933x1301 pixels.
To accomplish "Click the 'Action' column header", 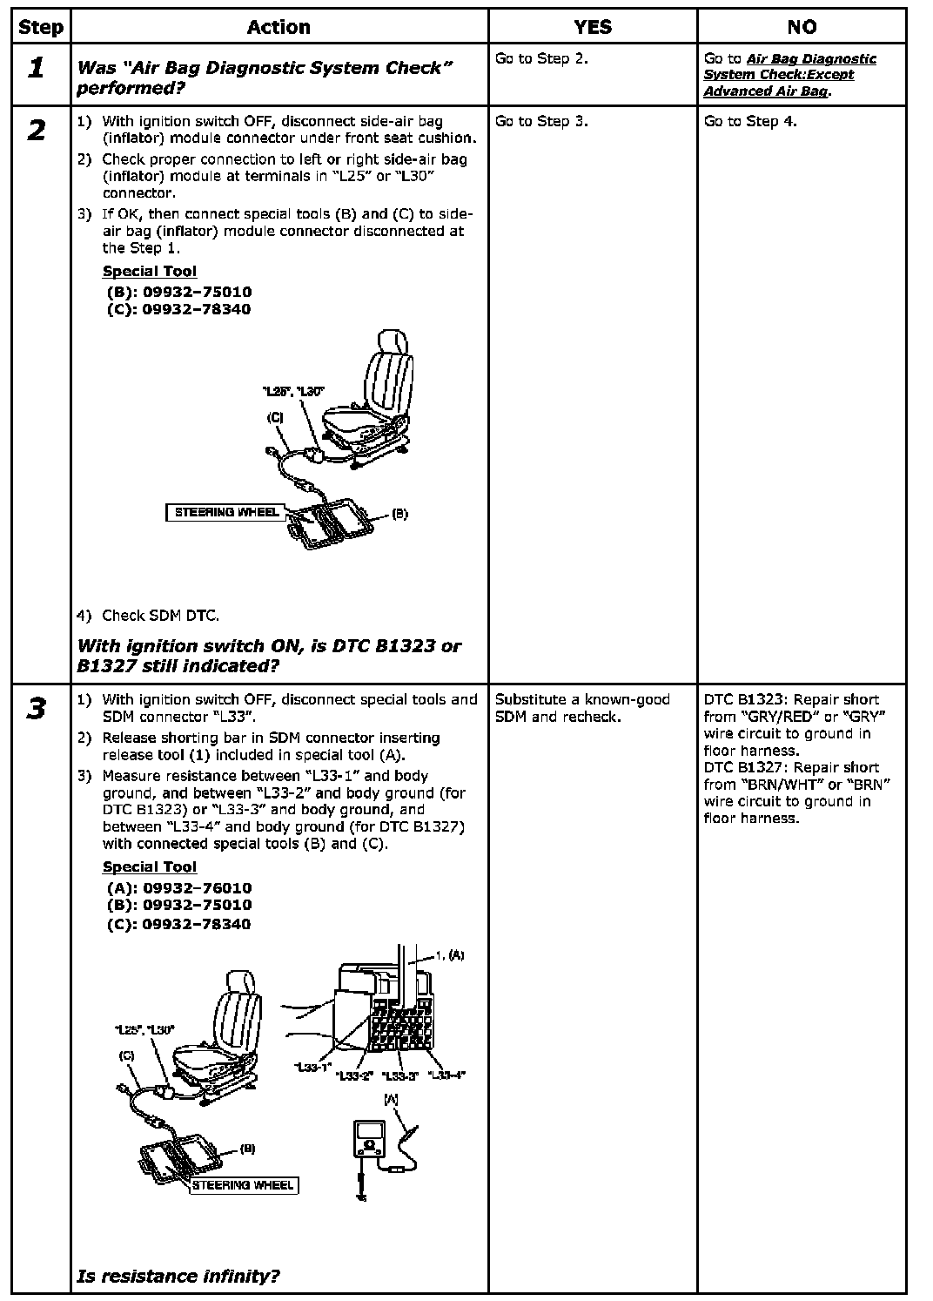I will pos(279,27).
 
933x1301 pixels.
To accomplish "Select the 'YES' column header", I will pos(592,27).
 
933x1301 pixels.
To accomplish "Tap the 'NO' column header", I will pos(802,27).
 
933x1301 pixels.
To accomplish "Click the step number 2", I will pos(36,131).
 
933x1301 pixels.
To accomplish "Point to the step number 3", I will pos(36,710).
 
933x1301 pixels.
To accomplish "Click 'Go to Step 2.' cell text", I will pos(541,59).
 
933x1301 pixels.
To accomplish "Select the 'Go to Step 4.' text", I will pos(750,121).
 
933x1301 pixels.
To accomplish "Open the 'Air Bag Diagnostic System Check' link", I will pos(789,75).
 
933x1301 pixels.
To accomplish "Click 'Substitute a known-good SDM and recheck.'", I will pos(582,708).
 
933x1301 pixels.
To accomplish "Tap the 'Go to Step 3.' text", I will pos(541,121).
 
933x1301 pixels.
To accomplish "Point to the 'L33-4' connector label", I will pos(447,1075).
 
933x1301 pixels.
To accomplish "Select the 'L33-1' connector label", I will pos(312,1068).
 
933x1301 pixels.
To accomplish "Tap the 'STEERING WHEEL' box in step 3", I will pos(243,1184).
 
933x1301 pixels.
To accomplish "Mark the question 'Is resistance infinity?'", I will pos(178,1277).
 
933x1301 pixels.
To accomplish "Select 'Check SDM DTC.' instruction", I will pos(160,616).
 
